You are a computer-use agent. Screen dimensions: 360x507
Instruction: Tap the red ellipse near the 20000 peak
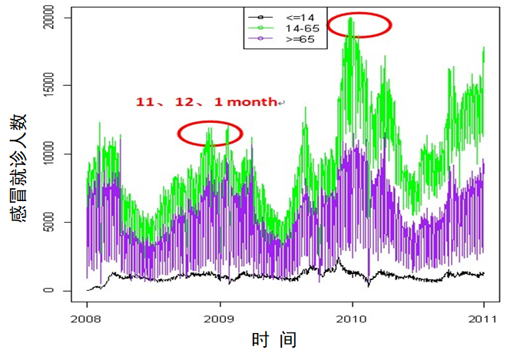point(359,25)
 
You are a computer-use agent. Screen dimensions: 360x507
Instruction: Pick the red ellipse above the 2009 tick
point(210,134)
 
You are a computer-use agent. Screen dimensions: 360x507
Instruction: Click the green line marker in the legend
point(260,27)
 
